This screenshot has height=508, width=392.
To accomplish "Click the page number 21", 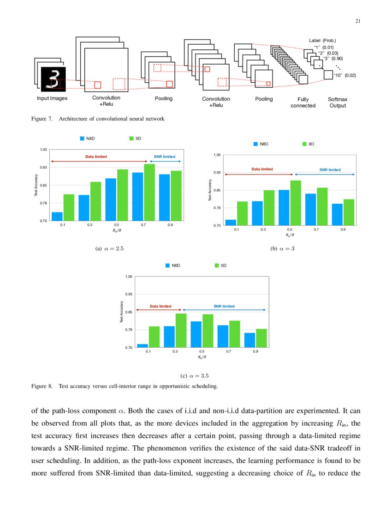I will coord(357,21).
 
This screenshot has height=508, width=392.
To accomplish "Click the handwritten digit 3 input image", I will coord(54,79).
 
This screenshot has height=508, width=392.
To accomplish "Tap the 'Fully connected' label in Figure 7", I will coord(303,103).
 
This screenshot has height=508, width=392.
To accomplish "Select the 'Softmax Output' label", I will coord(337,103).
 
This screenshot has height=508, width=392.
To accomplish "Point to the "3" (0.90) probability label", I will coord(333,59).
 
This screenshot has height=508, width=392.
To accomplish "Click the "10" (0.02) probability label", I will coord(344,75).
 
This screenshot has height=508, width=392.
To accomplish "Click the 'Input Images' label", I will coord(52,98).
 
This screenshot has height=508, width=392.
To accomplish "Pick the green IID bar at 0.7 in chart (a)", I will coord(149,193).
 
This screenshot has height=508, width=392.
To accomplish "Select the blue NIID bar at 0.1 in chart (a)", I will coord(57,217).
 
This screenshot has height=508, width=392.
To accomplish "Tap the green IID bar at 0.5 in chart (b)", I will coord(296,203).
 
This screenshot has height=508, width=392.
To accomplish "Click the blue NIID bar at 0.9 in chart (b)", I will coord(337,214).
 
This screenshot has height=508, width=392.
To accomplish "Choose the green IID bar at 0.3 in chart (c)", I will coord(181,330).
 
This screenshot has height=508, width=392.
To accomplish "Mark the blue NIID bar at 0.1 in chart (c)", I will coord(143,345).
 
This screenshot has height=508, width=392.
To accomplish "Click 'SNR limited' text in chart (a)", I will coord(164,157).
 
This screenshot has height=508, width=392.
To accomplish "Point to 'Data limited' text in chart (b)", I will coord(262,169).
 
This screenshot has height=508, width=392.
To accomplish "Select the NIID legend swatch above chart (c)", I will coord(168,266).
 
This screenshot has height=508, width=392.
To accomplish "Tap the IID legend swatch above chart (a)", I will coord(131,138).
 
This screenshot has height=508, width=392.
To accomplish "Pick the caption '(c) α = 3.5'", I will coord(196,375).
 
